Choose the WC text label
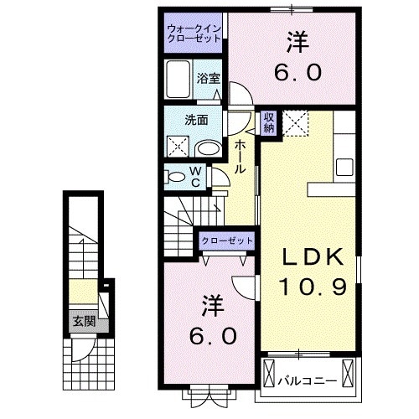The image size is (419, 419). click(194, 177)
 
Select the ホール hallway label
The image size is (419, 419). click(240, 157)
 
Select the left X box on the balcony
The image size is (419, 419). click(269, 373)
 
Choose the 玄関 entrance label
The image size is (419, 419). click(81, 320)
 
